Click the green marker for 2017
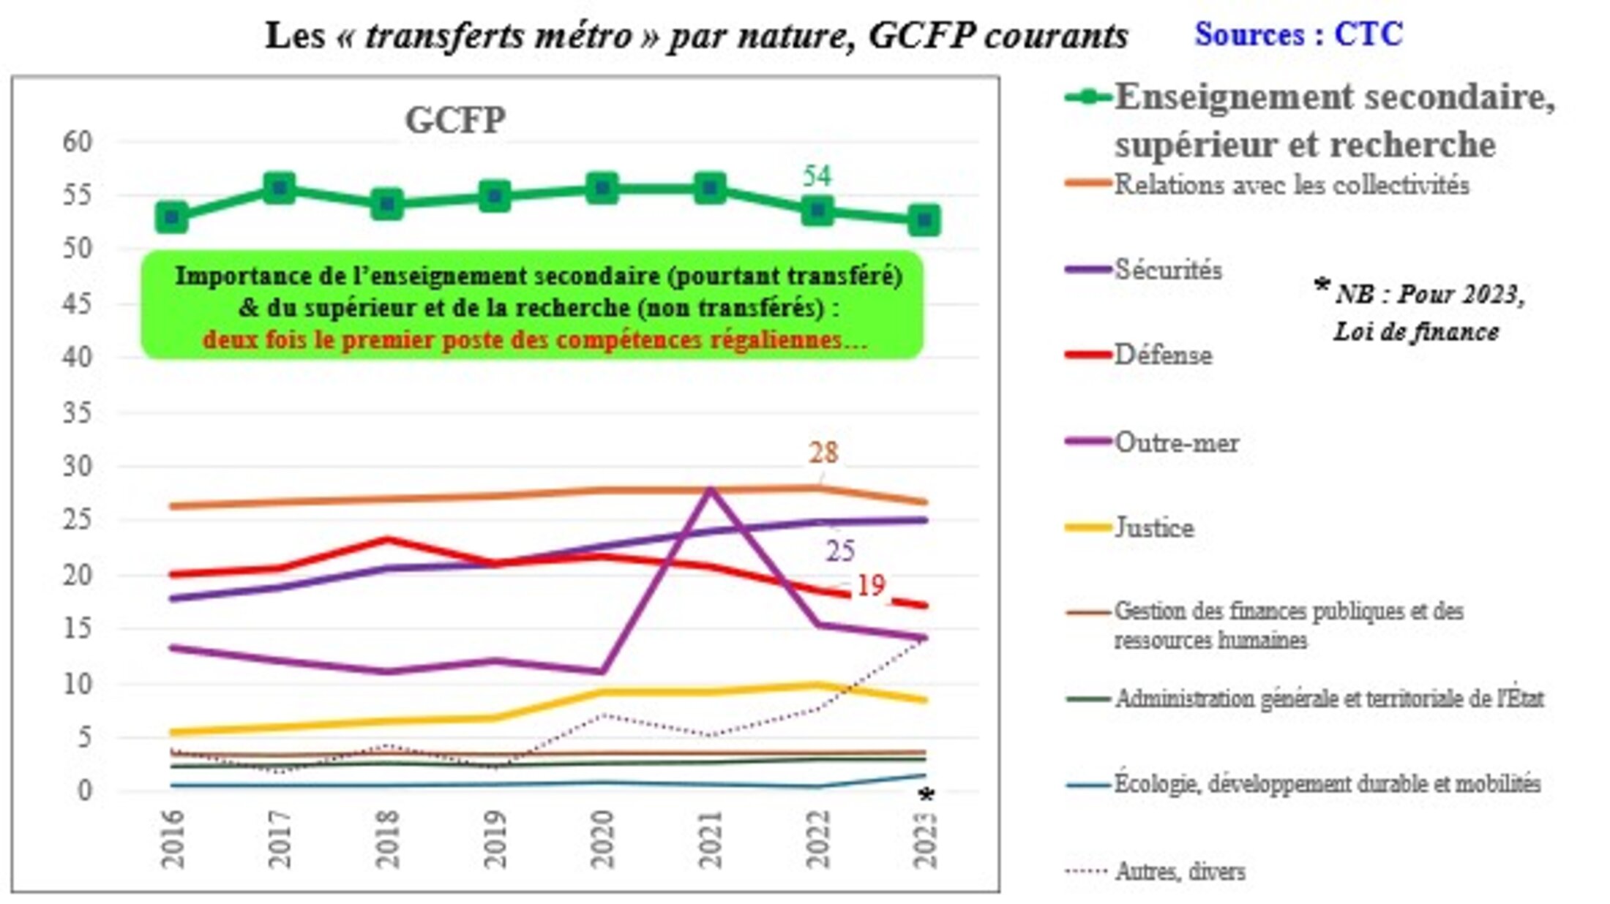(279, 189)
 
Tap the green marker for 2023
(924, 219)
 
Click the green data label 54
(817, 176)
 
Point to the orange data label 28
(823, 453)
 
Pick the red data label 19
(871, 585)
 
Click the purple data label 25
(840, 551)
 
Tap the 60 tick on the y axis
(78, 142)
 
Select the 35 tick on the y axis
(78, 413)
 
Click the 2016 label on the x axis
(173, 839)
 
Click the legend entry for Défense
(1163, 355)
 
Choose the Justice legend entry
(1154, 527)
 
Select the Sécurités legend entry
(1168, 270)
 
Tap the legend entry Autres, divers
(1180, 871)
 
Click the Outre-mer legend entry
(1176, 442)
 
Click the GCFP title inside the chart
(455, 120)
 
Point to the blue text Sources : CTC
(1298, 34)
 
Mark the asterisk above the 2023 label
(926, 796)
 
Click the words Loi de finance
(1416, 332)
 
